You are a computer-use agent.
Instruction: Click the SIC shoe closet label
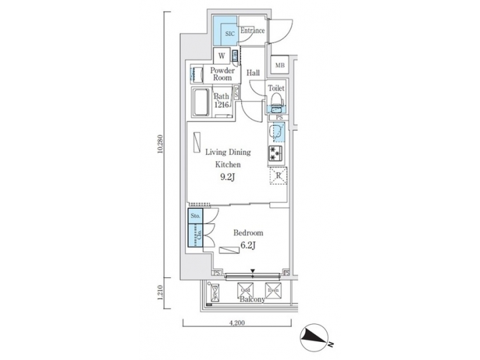[229, 32]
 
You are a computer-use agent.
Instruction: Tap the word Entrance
[253, 31]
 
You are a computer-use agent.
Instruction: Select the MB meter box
[280, 65]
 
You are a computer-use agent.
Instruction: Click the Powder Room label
[222, 74]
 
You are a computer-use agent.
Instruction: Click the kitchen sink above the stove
[277, 134]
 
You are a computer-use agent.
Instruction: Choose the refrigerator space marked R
[278, 177]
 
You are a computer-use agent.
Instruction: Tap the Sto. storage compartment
[195, 217]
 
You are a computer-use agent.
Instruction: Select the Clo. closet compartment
[195, 236]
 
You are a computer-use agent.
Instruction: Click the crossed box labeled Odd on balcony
[245, 290]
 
